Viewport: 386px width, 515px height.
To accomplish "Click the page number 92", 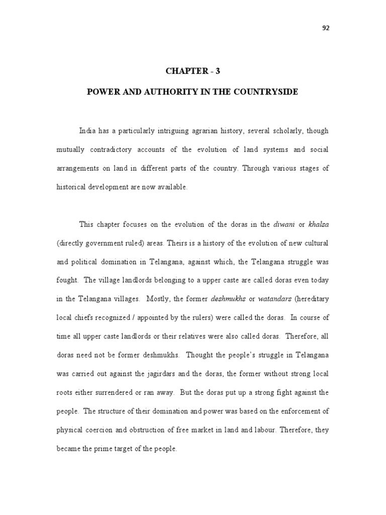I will [x=325, y=28].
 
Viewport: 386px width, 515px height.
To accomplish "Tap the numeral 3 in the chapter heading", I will [x=218, y=71].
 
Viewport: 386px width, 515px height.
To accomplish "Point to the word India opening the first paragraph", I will [x=87, y=131].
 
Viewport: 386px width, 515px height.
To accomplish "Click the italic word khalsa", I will [x=319, y=224].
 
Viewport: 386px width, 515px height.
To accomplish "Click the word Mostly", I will [x=157, y=299].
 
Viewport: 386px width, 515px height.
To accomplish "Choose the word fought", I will [x=66, y=280].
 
